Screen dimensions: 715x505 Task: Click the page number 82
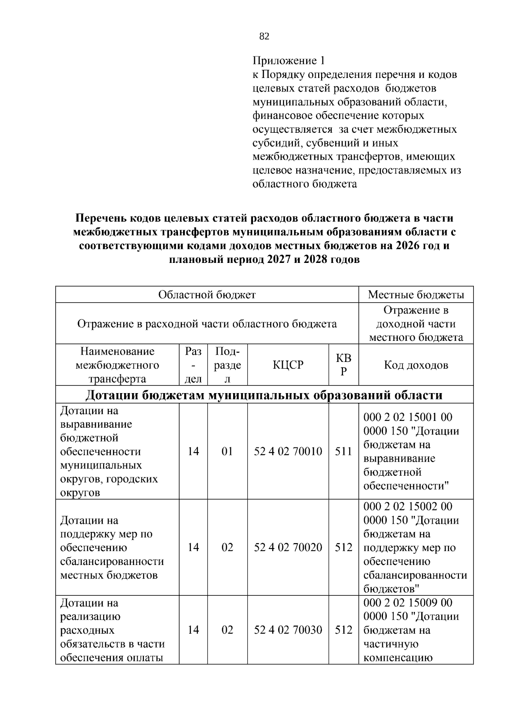click(264, 36)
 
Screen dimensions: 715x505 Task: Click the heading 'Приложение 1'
click(288, 61)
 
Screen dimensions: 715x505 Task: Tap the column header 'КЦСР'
click(288, 365)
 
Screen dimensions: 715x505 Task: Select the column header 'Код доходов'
click(416, 365)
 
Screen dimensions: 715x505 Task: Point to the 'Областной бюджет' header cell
click(207, 295)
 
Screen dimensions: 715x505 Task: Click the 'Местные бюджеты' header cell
click(416, 295)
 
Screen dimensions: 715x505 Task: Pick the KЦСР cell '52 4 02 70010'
click(288, 452)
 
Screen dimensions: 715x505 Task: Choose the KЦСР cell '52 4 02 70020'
click(288, 547)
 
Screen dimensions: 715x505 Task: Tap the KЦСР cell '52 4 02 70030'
click(288, 630)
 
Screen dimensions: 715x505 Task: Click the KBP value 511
click(343, 452)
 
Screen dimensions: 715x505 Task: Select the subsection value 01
click(227, 452)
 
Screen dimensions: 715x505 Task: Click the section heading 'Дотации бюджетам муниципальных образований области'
click(264, 395)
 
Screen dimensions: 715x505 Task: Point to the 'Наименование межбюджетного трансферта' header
click(117, 365)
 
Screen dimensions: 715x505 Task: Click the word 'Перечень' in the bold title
click(100, 218)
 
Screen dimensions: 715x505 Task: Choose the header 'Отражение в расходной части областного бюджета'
click(207, 324)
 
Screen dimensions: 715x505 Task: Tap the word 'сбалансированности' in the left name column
click(112, 562)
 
